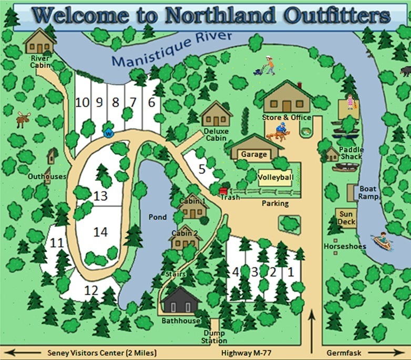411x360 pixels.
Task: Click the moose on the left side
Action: point(23,120)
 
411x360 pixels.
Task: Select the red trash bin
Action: point(222,191)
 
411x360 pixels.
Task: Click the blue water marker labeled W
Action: point(109,132)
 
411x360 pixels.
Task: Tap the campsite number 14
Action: point(100,231)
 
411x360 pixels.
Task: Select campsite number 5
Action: point(202,169)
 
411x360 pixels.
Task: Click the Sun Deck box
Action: point(346,218)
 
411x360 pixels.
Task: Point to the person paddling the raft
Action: point(383,241)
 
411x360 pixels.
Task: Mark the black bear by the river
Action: point(405,70)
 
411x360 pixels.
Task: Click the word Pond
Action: point(157,217)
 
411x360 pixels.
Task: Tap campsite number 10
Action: point(82,102)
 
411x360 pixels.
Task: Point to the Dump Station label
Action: point(214,337)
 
